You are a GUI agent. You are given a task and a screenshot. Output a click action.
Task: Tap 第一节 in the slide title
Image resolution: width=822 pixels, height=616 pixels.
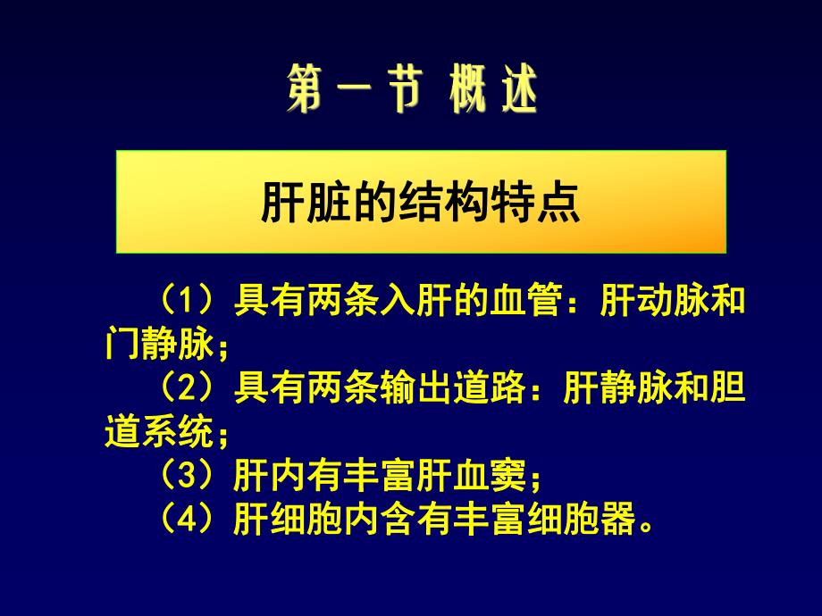click(x=351, y=92)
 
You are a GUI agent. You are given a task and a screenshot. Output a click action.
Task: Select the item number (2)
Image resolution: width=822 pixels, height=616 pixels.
click(x=182, y=390)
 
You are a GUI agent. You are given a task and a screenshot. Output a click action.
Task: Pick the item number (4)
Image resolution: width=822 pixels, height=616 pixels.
click(x=182, y=517)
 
